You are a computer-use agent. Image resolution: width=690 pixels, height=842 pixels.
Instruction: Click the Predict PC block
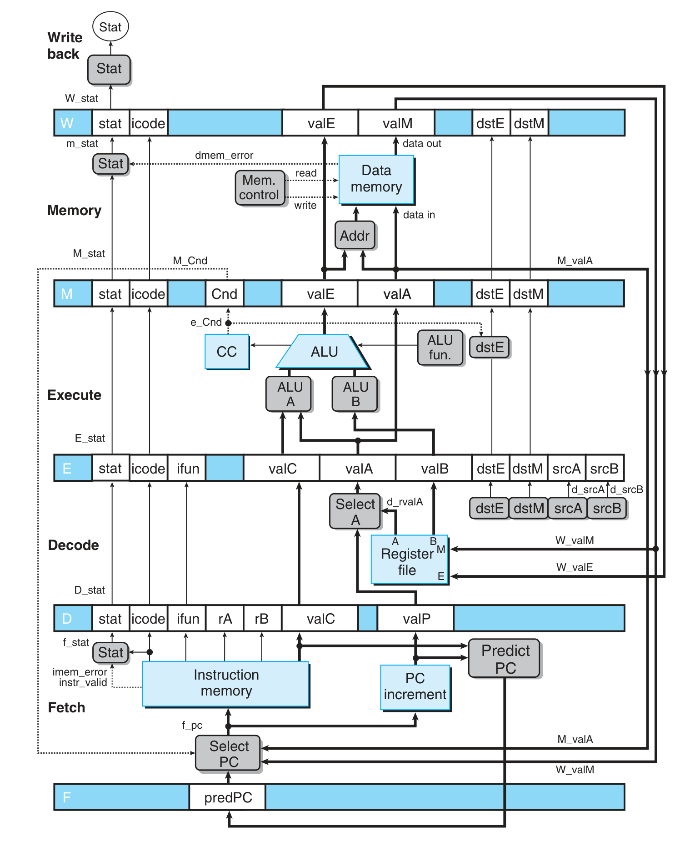pos(505,658)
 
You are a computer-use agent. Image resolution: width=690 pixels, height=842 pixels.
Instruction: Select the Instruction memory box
pos(226,683)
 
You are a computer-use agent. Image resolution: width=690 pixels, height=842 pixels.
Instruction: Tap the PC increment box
pos(415,687)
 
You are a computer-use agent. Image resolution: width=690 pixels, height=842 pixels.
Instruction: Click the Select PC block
pos(228,753)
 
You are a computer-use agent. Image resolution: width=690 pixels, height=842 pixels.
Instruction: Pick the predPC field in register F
pos(228,797)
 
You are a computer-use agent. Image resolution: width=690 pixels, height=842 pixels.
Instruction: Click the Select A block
pos(355,511)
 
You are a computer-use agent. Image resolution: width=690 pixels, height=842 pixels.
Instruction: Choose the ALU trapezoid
pos(324,352)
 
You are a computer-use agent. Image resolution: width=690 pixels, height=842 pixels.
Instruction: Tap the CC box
pos(226,352)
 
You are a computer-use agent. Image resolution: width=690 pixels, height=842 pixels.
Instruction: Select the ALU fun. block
pos(440,348)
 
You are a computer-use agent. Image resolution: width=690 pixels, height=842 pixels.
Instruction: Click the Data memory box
pos(376,179)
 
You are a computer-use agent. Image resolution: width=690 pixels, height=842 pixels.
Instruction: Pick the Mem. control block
pos(260,187)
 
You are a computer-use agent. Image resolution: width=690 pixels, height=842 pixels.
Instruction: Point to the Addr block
pos(355,235)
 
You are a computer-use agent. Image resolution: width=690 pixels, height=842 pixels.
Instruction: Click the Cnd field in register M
pos(225,294)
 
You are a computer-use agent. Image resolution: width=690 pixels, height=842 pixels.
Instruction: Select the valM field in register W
pos(397,123)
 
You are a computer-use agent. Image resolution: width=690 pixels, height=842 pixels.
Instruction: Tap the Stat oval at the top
pos(110,27)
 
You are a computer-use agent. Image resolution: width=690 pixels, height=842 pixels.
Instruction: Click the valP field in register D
pos(416,618)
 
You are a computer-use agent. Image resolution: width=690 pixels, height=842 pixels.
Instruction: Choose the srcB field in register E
pos(604,468)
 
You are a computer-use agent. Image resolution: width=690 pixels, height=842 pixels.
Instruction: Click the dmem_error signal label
pos(224,155)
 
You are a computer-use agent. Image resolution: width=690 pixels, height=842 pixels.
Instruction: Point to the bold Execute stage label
pos(75,395)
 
